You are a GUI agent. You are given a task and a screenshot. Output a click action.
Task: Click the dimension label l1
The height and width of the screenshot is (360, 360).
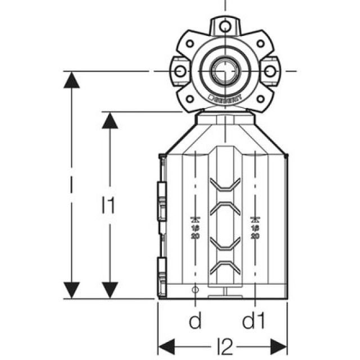tap(109, 206)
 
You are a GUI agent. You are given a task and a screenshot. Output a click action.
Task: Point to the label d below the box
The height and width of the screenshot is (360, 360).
tap(195, 322)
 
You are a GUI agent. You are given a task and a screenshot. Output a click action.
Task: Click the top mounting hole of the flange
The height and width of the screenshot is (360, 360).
tap(224, 26)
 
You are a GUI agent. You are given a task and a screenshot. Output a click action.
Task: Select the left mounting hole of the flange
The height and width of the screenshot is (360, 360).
tap(179, 71)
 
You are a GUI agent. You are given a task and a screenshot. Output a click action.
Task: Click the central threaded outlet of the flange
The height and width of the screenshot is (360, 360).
tap(224, 71)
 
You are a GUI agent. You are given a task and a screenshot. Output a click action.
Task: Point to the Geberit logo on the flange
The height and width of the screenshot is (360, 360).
tap(224, 98)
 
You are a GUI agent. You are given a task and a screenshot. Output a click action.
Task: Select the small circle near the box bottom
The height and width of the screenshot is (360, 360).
tap(195, 290)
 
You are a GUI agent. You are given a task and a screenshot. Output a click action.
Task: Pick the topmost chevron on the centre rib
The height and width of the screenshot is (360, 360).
tap(224, 184)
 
